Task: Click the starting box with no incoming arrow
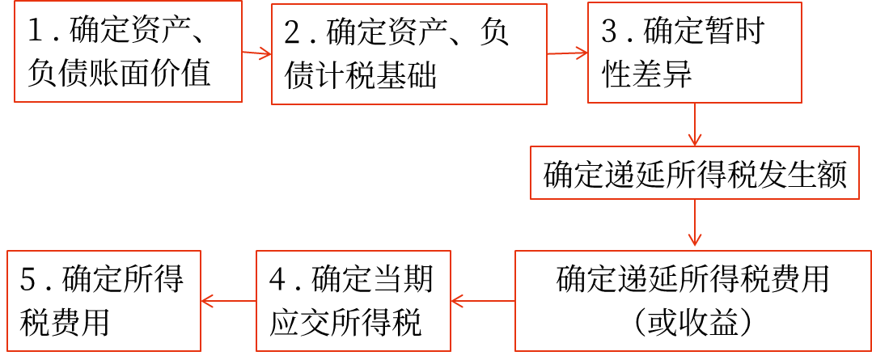(x=128, y=51)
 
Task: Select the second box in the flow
(x=408, y=54)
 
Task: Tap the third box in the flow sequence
(x=694, y=53)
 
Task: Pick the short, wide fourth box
(x=694, y=172)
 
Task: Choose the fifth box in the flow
(x=692, y=300)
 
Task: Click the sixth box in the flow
(x=353, y=300)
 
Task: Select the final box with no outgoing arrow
(x=104, y=300)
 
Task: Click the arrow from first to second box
(x=256, y=53)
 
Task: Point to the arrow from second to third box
(x=567, y=53)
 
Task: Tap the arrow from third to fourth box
(x=694, y=124)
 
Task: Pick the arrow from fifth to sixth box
(x=483, y=301)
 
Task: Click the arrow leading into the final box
(x=228, y=301)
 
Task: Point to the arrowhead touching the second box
(x=267, y=54)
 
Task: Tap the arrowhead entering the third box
(x=583, y=53)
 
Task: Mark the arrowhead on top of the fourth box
(x=694, y=142)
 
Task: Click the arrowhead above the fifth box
(x=694, y=241)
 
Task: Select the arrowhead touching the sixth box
(x=455, y=301)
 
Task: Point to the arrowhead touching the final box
(x=205, y=301)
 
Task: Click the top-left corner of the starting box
(x=15, y=2)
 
